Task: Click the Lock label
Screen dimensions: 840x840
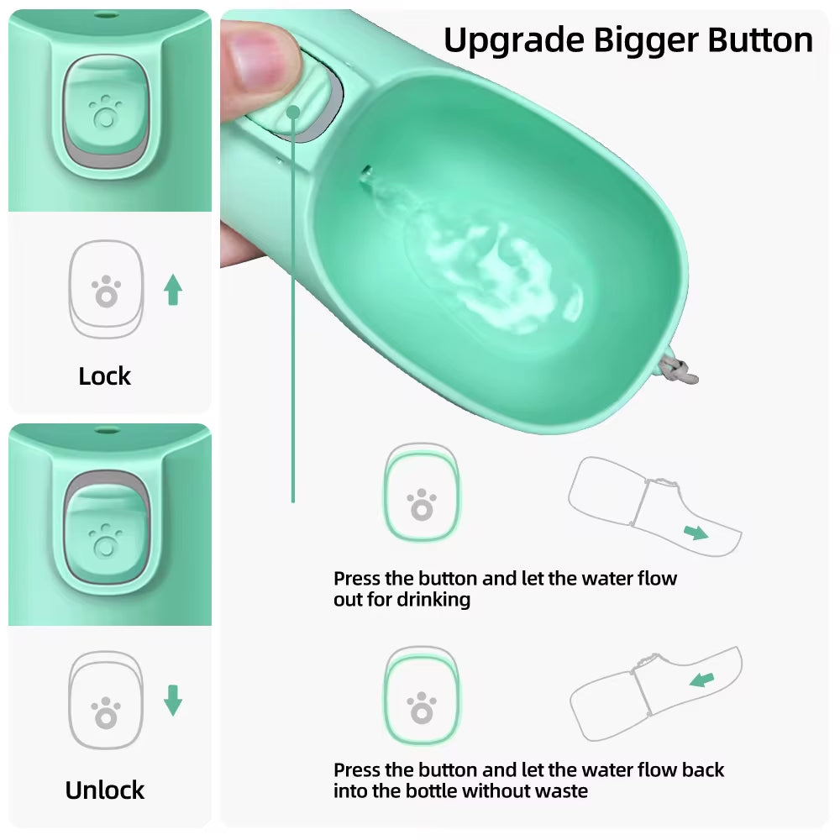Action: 105,376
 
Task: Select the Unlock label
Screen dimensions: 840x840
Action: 105,790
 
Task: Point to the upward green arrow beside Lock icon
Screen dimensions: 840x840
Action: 173,290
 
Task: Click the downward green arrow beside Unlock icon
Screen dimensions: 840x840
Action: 173,701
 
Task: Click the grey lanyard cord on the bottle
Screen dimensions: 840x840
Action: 684,370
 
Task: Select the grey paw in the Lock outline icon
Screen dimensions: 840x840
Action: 107,292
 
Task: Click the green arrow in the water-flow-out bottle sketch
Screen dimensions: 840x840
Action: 696,532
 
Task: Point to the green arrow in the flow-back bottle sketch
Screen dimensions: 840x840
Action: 701,678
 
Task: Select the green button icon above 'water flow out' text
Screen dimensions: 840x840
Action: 422,493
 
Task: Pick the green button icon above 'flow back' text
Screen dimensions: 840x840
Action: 422,696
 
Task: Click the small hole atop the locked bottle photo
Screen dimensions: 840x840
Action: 106,15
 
